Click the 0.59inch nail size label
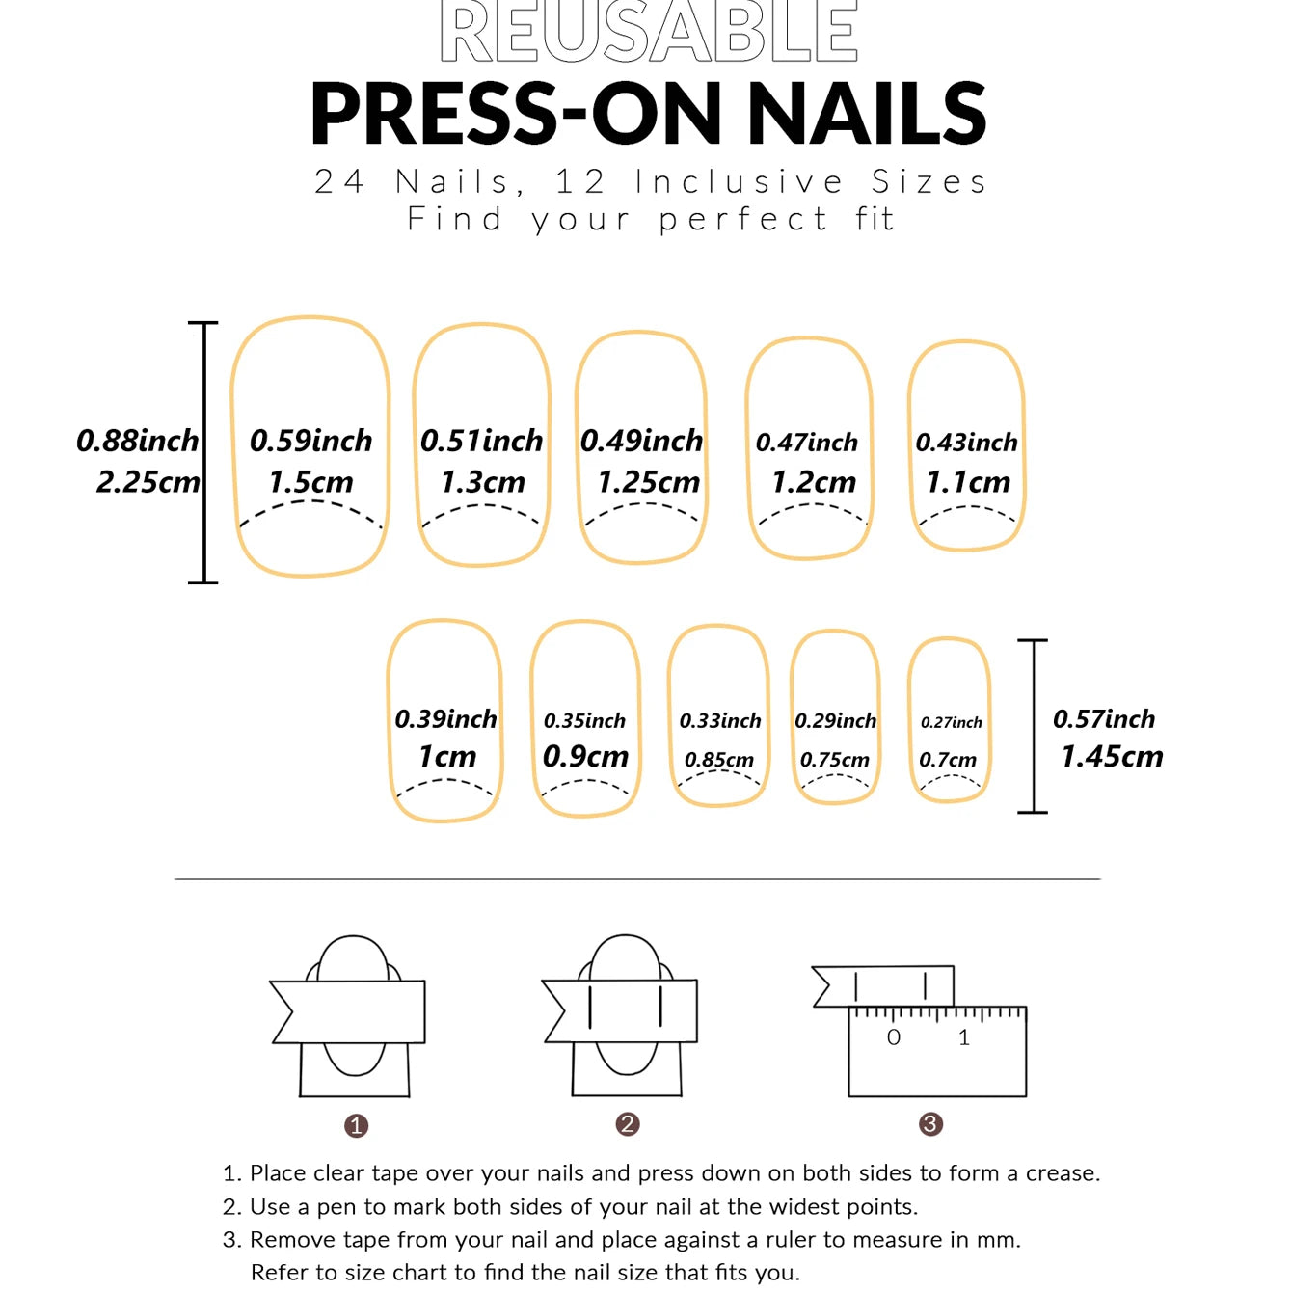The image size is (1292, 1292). (x=310, y=441)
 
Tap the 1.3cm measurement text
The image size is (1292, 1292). (x=482, y=481)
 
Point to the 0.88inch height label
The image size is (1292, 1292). (x=137, y=441)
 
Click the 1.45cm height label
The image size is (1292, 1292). (x=1112, y=756)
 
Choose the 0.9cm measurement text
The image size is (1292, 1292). (x=585, y=756)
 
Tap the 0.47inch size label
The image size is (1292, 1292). (x=806, y=442)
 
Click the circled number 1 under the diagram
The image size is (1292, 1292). (x=356, y=1125)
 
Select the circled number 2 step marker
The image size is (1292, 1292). (x=628, y=1124)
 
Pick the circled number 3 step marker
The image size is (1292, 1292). (x=930, y=1124)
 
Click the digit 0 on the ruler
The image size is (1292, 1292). (x=894, y=1037)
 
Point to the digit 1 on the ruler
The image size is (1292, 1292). (x=963, y=1037)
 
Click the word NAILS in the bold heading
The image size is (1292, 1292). (x=867, y=114)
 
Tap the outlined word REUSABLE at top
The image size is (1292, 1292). (x=648, y=32)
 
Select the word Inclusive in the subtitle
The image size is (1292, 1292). (x=739, y=181)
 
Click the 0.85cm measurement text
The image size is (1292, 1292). (x=719, y=760)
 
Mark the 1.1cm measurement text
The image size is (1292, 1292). (x=967, y=481)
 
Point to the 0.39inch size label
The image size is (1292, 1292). (x=445, y=718)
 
